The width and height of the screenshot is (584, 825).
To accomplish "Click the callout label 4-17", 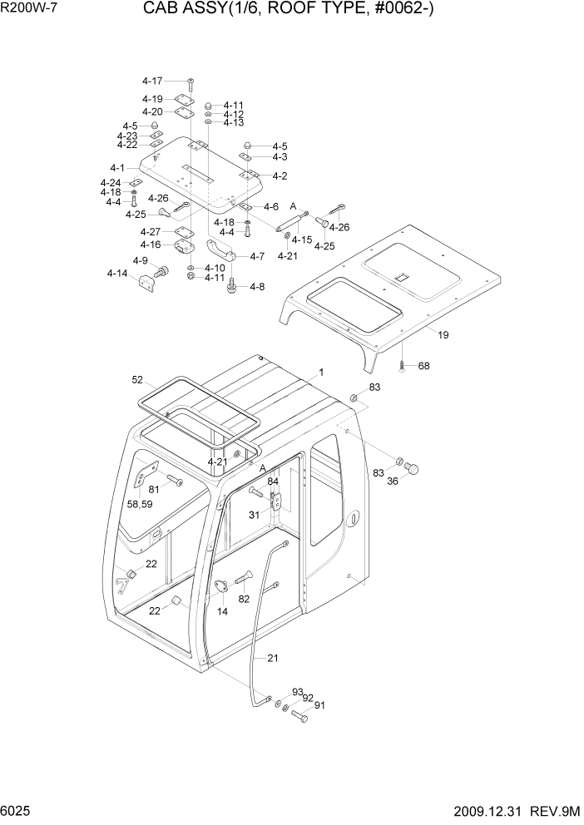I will click(x=152, y=81).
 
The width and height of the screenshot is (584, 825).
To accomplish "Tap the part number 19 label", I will click(x=443, y=335).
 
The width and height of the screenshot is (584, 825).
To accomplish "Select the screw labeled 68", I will click(x=402, y=365).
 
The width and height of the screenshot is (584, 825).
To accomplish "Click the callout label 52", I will click(x=138, y=380).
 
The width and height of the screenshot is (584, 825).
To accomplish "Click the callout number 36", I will click(x=393, y=480).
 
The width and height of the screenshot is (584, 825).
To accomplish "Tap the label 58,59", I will click(x=139, y=504).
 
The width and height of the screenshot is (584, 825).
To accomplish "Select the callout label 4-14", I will click(x=117, y=273).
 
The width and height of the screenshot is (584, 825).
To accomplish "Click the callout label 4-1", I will click(x=117, y=169).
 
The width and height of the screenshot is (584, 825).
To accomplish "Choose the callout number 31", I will click(x=255, y=515).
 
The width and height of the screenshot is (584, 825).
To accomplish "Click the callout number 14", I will click(x=223, y=611).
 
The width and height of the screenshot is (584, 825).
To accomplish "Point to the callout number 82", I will click(x=244, y=599).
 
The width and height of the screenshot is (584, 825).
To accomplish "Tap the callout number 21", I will click(x=273, y=658).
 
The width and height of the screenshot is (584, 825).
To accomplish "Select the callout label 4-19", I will click(x=152, y=99).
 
